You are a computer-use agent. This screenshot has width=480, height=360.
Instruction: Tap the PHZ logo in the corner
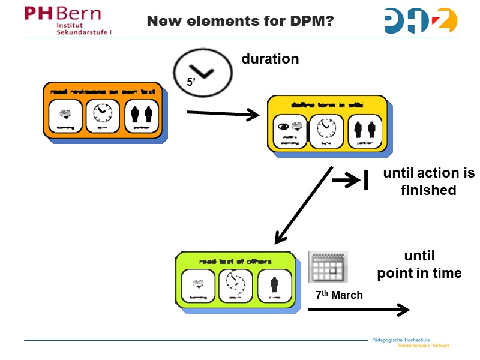(x=420, y=20)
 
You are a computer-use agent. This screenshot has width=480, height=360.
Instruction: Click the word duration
(x=270, y=59)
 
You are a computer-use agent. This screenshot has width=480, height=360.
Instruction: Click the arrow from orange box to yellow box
(x=223, y=114)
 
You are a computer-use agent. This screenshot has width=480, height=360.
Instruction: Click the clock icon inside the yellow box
(x=326, y=130)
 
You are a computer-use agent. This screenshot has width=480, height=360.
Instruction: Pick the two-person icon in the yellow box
(x=364, y=130)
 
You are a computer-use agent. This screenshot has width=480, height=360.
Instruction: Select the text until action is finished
(x=428, y=182)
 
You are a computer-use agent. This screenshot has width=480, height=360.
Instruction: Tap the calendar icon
(x=328, y=267)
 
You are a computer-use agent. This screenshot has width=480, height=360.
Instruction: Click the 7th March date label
(x=339, y=295)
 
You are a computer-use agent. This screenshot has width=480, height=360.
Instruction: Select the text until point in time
(x=419, y=265)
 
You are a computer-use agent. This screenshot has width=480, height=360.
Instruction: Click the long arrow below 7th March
(x=358, y=310)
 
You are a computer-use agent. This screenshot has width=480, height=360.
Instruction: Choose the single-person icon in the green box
(x=274, y=285)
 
